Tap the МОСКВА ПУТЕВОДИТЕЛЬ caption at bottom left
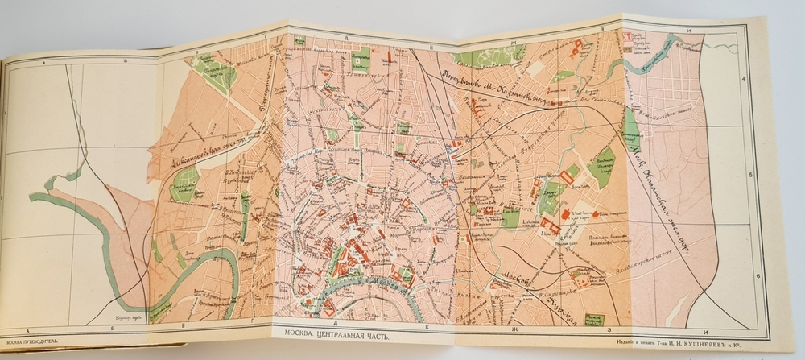point(31,338)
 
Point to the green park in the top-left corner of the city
point(214,73)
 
